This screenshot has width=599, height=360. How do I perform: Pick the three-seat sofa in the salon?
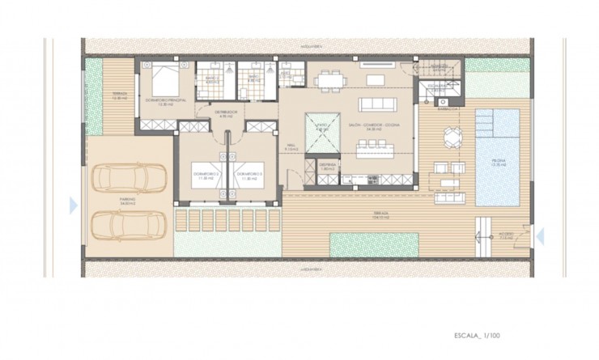(380, 104)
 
